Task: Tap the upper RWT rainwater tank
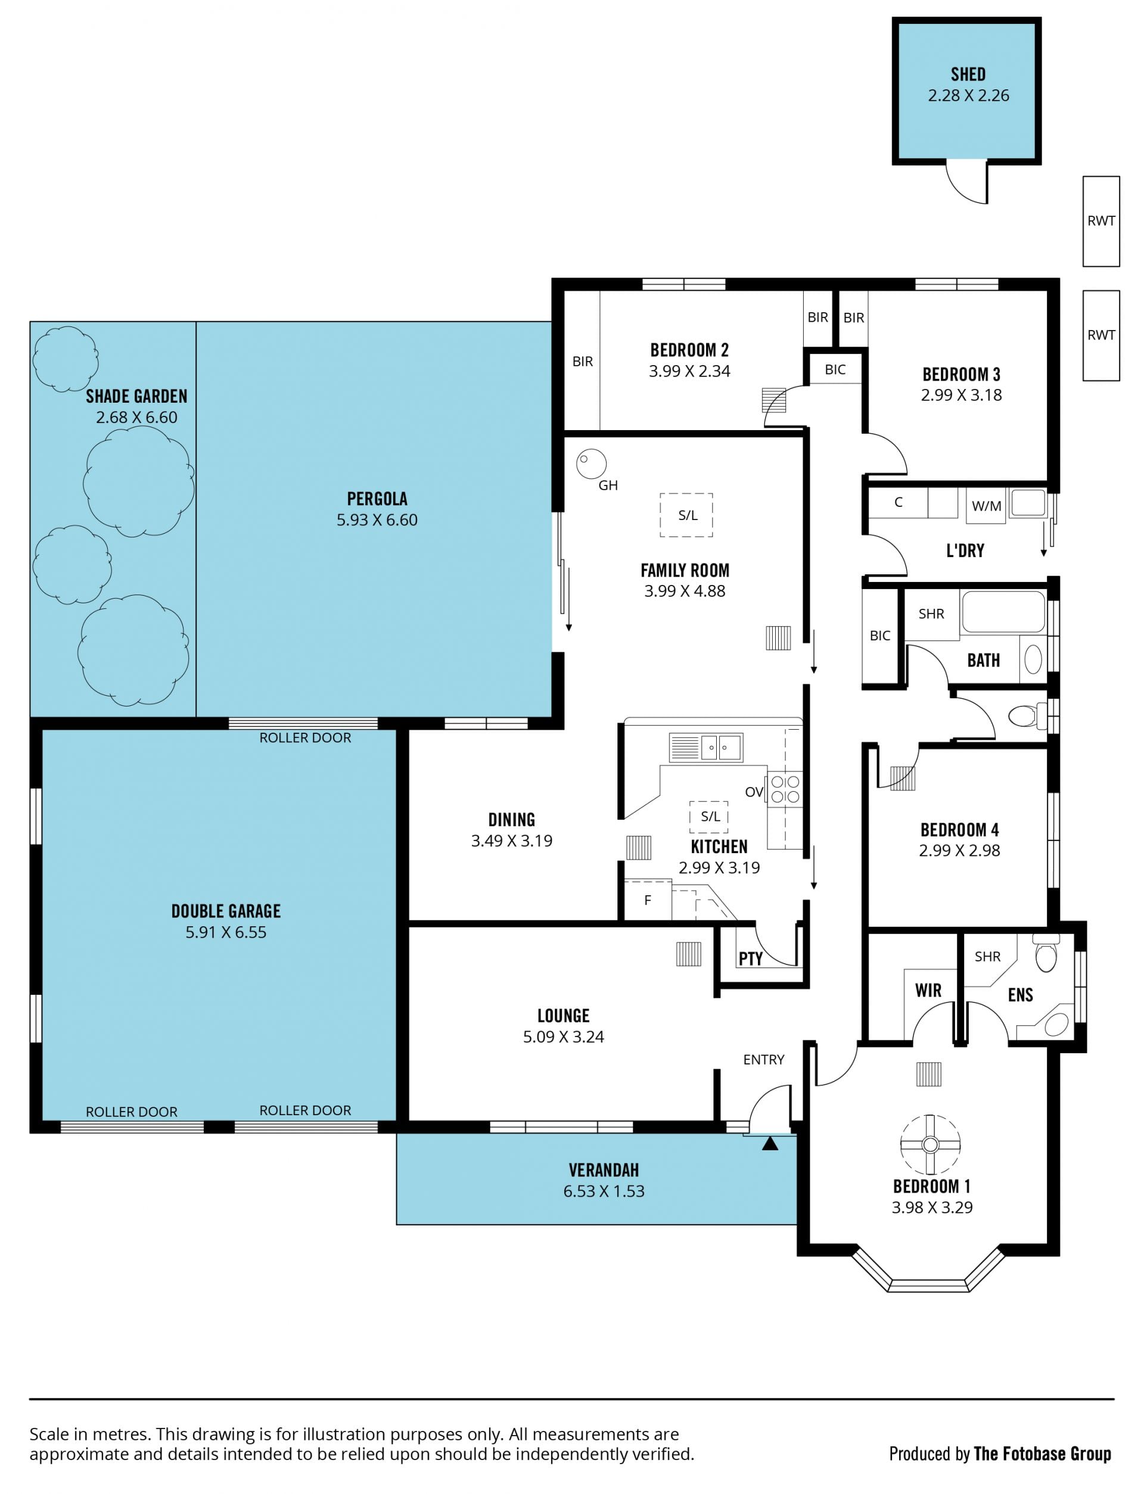click(x=1101, y=221)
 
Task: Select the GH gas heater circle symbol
click(x=591, y=463)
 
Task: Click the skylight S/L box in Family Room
click(x=686, y=515)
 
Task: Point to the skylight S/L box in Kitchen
click(x=709, y=816)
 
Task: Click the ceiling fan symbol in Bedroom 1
click(x=930, y=1145)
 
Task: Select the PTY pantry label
click(x=750, y=958)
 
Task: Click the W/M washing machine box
click(x=986, y=506)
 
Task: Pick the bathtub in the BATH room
click(x=1002, y=611)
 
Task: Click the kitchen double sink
click(x=705, y=748)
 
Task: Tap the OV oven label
click(x=754, y=792)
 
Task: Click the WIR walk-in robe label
click(x=928, y=990)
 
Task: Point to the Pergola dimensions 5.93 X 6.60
click(x=377, y=520)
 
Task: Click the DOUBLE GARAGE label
click(x=225, y=911)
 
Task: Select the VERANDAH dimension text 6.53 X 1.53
click(x=604, y=1191)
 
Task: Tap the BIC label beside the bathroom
click(x=880, y=636)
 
